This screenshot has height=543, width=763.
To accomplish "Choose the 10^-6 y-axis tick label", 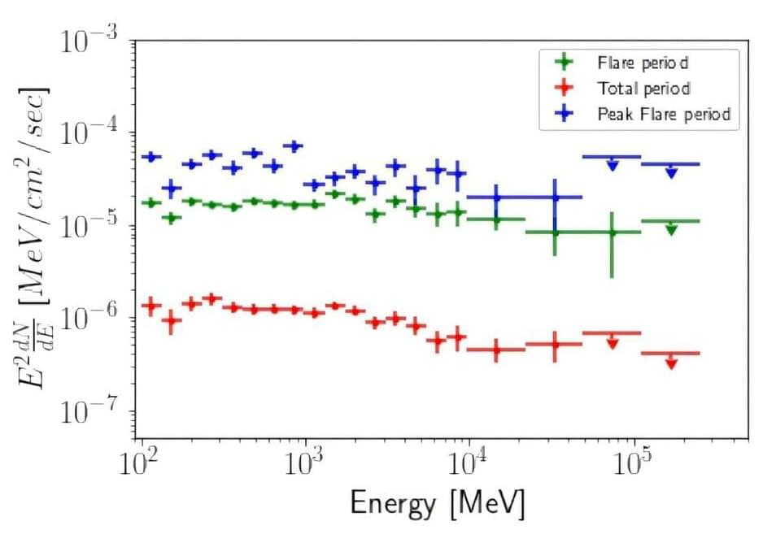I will [x=90, y=318].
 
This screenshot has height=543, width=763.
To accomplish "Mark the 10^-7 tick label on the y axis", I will [x=90, y=411].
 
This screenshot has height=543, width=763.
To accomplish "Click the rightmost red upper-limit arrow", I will [x=671, y=363].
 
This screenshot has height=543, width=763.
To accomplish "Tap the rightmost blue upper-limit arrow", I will [x=671, y=172].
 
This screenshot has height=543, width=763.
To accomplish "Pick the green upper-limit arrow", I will [x=671, y=229].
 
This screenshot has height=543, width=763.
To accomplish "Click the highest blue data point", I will [x=293, y=146].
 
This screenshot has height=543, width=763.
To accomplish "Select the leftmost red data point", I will [x=150, y=306].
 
